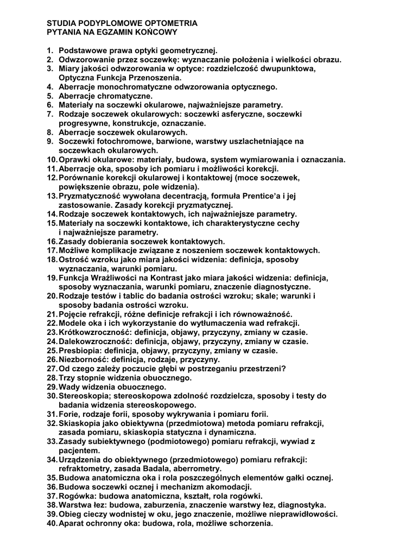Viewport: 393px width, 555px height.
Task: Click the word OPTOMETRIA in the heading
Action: coord(172,24)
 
